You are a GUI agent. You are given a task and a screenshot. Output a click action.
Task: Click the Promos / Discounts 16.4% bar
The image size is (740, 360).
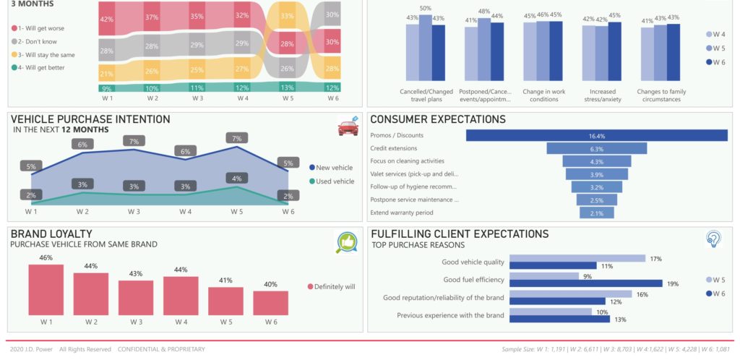[x=596, y=135]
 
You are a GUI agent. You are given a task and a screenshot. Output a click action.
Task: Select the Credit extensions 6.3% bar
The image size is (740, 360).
[x=596, y=148]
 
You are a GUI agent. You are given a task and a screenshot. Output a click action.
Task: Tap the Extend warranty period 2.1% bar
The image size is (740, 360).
[x=596, y=213]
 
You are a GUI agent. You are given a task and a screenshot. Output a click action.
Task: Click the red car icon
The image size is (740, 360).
[x=348, y=127]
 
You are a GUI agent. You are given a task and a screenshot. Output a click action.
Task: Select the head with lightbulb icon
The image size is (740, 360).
[x=714, y=240]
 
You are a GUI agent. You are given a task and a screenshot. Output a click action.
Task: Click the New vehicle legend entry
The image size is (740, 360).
[x=333, y=167]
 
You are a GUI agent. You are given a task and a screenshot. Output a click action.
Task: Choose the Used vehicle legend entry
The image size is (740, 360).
[x=333, y=181]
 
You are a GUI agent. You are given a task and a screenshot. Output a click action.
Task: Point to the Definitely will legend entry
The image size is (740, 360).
[x=332, y=286]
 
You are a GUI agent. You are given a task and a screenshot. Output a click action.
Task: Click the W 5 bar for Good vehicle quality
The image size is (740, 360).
[x=577, y=258]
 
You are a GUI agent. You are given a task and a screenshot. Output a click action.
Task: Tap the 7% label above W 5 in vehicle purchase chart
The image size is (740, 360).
[x=237, y=138]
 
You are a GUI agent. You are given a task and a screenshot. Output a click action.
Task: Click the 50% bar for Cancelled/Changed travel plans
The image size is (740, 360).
[x=426, y=51]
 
